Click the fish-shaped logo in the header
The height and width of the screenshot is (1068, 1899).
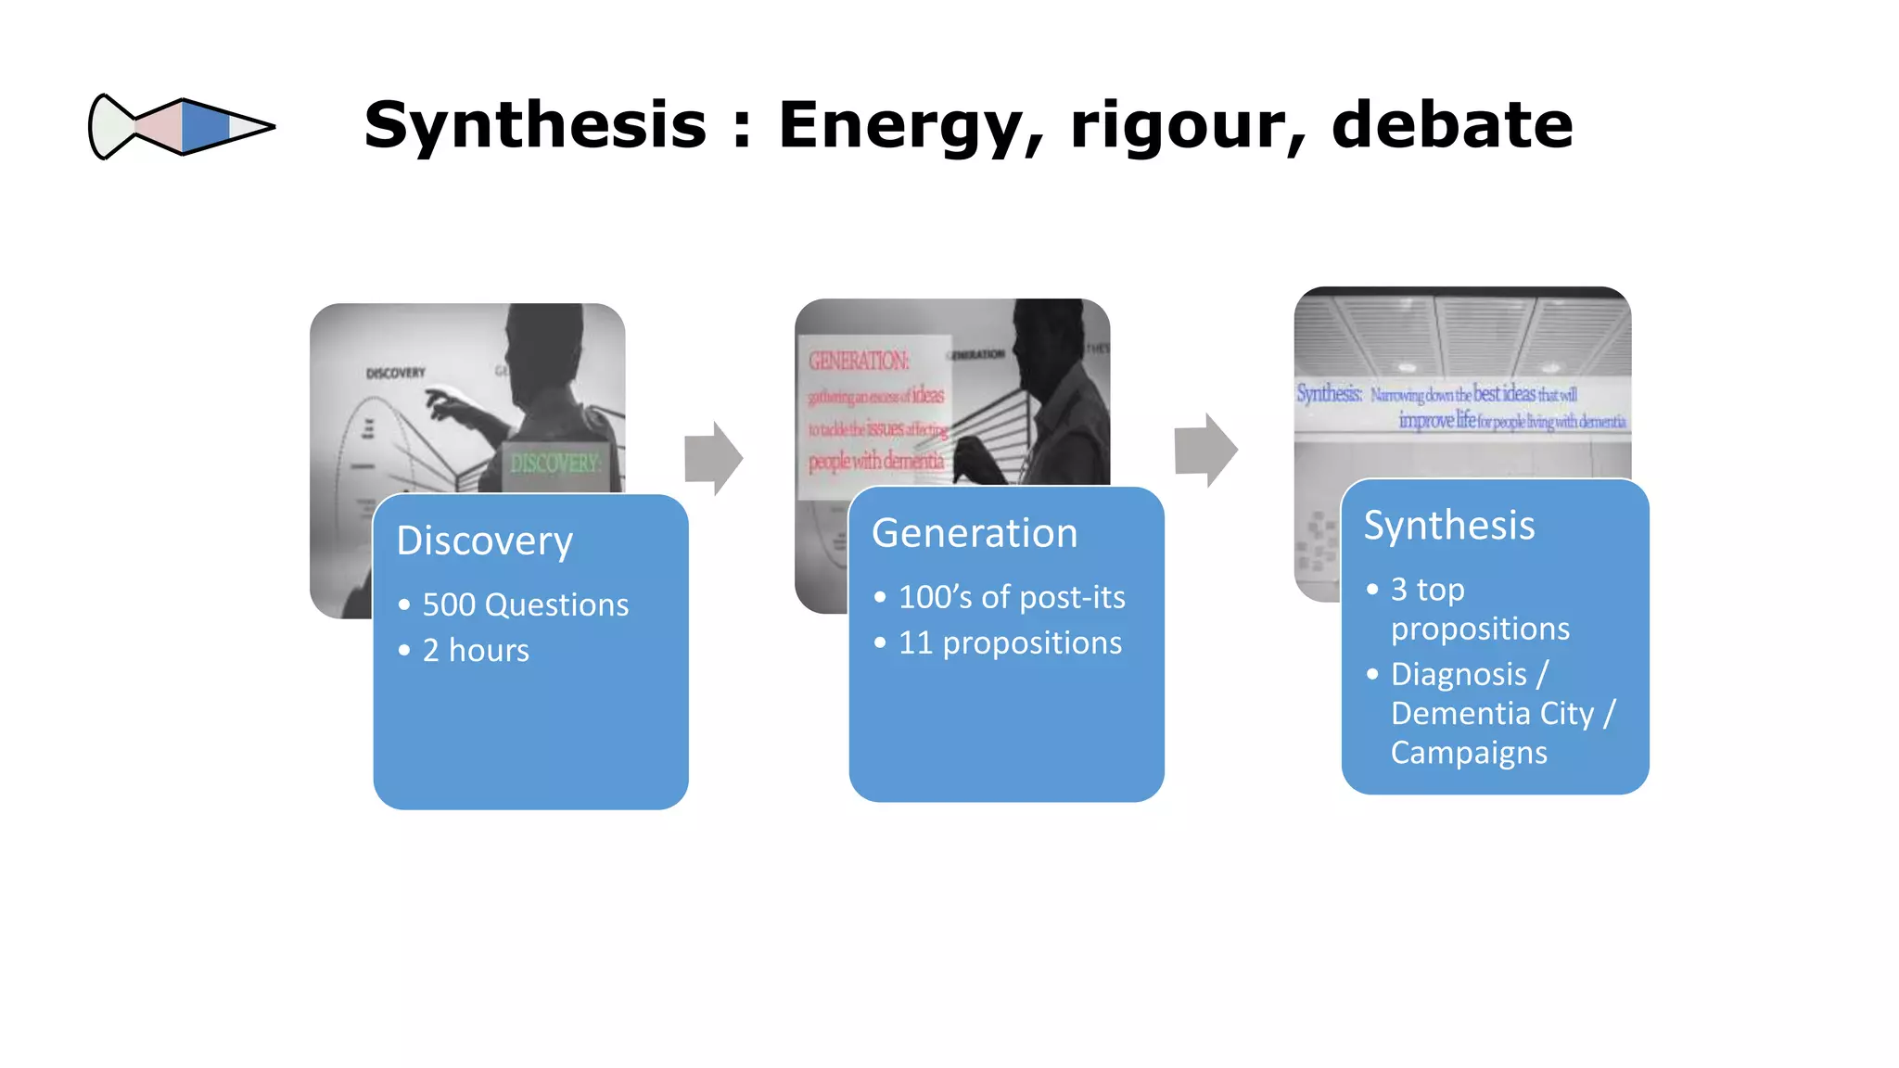point(181,126)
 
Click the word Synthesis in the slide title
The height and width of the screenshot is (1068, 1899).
point(535,125)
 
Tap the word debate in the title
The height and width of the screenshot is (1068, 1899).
point(1451,125)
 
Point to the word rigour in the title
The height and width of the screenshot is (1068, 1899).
point(1187,125)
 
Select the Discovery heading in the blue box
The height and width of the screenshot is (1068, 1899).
point(484,540)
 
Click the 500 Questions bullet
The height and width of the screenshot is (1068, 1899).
point(525,604)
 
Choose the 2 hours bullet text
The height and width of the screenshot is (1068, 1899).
point(476,650)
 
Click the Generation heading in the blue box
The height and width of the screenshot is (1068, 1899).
point(975,533)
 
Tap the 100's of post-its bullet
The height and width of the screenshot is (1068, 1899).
point(1011,597)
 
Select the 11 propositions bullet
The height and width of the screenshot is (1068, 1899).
point(1009,642)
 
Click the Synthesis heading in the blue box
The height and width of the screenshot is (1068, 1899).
point(1449,525)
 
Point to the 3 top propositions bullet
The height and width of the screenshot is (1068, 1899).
point(1479,608)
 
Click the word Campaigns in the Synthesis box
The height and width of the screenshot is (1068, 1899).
point(1469,752)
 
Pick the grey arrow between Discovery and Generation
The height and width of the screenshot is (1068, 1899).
point(713,458)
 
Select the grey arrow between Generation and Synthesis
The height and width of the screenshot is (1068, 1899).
point(1205,451)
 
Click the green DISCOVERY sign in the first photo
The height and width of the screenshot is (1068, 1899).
point(554,463)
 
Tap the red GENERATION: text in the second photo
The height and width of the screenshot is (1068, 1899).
point(859,361)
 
